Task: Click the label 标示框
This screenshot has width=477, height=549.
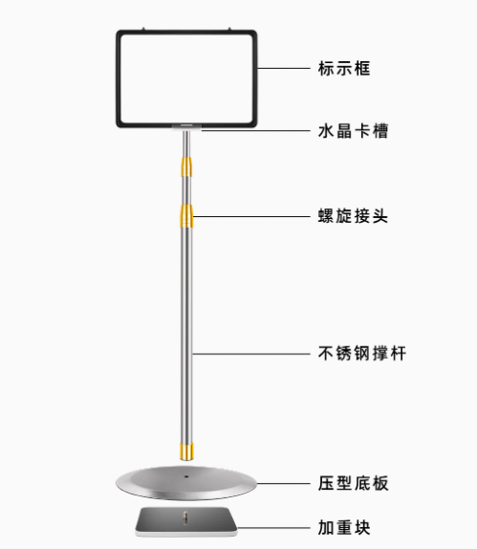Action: [x=344, y=68]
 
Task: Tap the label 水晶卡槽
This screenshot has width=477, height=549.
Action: [x=353, y=131]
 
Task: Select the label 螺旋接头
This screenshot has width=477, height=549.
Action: [x=353, y=216]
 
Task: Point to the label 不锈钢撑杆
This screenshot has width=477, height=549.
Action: [x=362, y=353]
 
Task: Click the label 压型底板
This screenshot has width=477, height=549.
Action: [x=353, y=484]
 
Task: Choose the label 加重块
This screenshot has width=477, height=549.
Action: [x=344, y=528]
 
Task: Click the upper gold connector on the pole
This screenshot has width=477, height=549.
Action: [x=186, y=167]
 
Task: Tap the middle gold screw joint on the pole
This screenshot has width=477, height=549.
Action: [x=186, y=216]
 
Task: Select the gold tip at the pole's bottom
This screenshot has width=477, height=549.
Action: [x=186, y=451]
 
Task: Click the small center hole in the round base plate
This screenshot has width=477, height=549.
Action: [x=186, y=476]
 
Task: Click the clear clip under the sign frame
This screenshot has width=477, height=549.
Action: [x=186, y=127]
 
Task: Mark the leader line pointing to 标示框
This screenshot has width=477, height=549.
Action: [x=284, y=68]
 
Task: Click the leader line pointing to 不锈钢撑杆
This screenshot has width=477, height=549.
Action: [x=251, y=354]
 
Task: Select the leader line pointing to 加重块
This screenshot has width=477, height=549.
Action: [x=273, y=528]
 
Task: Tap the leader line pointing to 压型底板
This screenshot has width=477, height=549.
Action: [x=284, y=484]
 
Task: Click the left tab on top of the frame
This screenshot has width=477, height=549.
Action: [x=142, y=29]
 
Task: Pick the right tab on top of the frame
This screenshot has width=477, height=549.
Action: [x=229, y=29]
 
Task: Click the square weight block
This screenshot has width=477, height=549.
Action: [x=186, y=521]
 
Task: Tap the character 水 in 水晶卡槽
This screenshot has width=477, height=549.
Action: [x=326, y=131]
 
